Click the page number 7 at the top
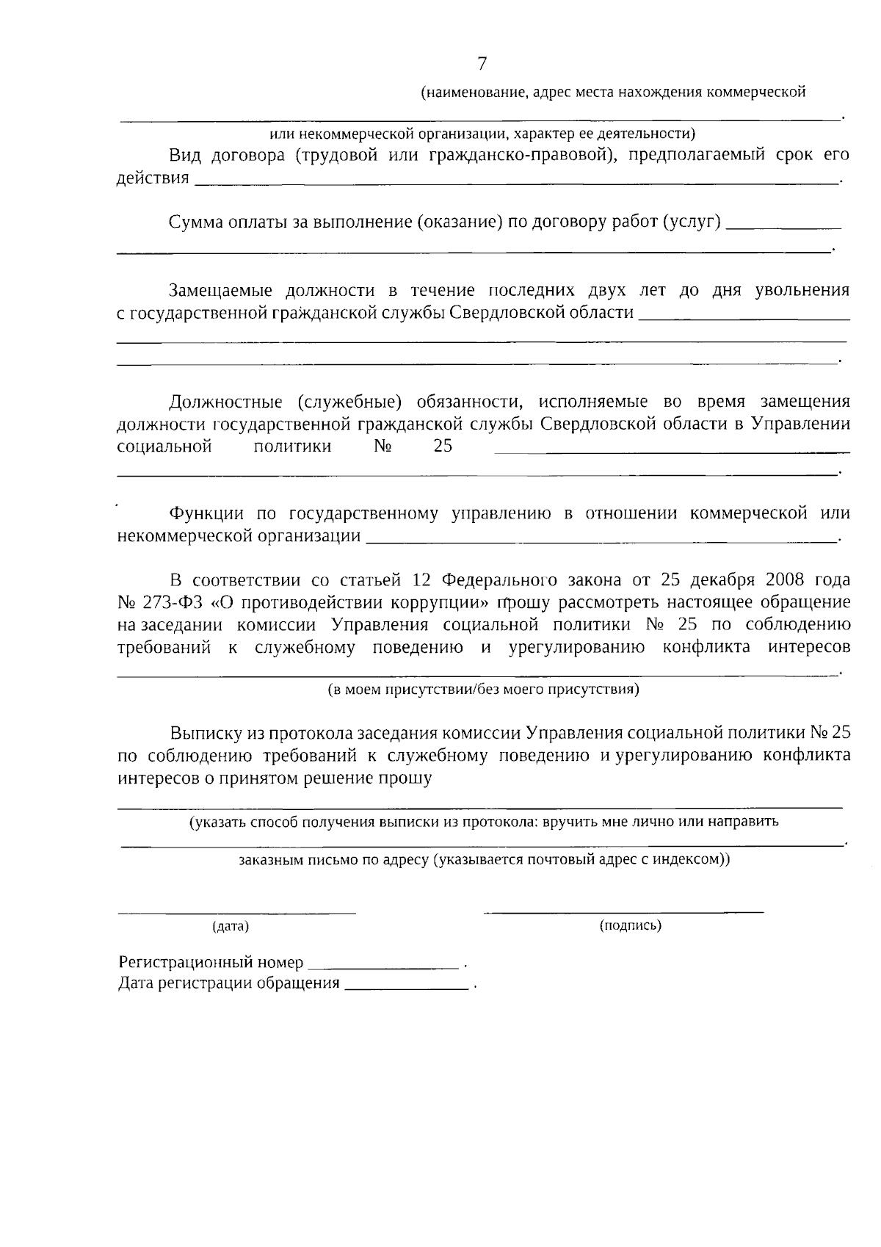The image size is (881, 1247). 482,64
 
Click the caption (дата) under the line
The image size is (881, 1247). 231,927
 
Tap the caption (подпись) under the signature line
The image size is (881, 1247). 631,925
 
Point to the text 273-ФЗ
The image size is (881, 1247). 170,603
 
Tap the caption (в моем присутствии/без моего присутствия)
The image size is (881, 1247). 482,690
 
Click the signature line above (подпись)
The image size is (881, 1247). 623,911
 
